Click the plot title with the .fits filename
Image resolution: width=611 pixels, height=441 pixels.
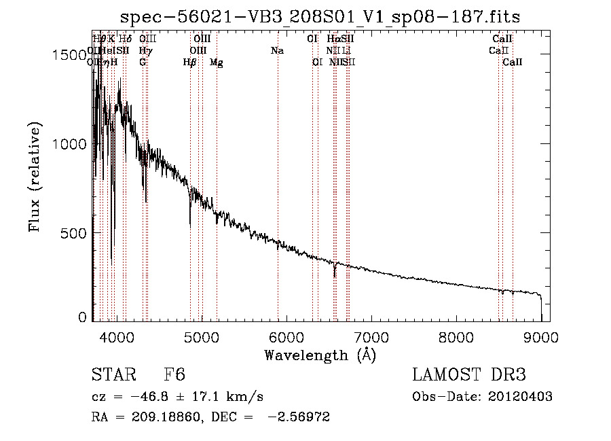point(320,17)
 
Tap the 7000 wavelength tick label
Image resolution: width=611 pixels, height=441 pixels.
point(371,336)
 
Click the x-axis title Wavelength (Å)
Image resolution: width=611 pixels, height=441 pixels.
point(320,355)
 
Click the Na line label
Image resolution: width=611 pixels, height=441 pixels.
point(277,51)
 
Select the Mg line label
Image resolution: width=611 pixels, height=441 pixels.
point(217,63)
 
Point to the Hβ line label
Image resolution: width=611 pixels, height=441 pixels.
point(190,63)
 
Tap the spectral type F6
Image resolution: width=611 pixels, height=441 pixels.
point(174,376)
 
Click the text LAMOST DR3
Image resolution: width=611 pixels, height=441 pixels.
point(469,376)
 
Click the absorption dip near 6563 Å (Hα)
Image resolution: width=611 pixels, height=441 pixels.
point(334,273)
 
